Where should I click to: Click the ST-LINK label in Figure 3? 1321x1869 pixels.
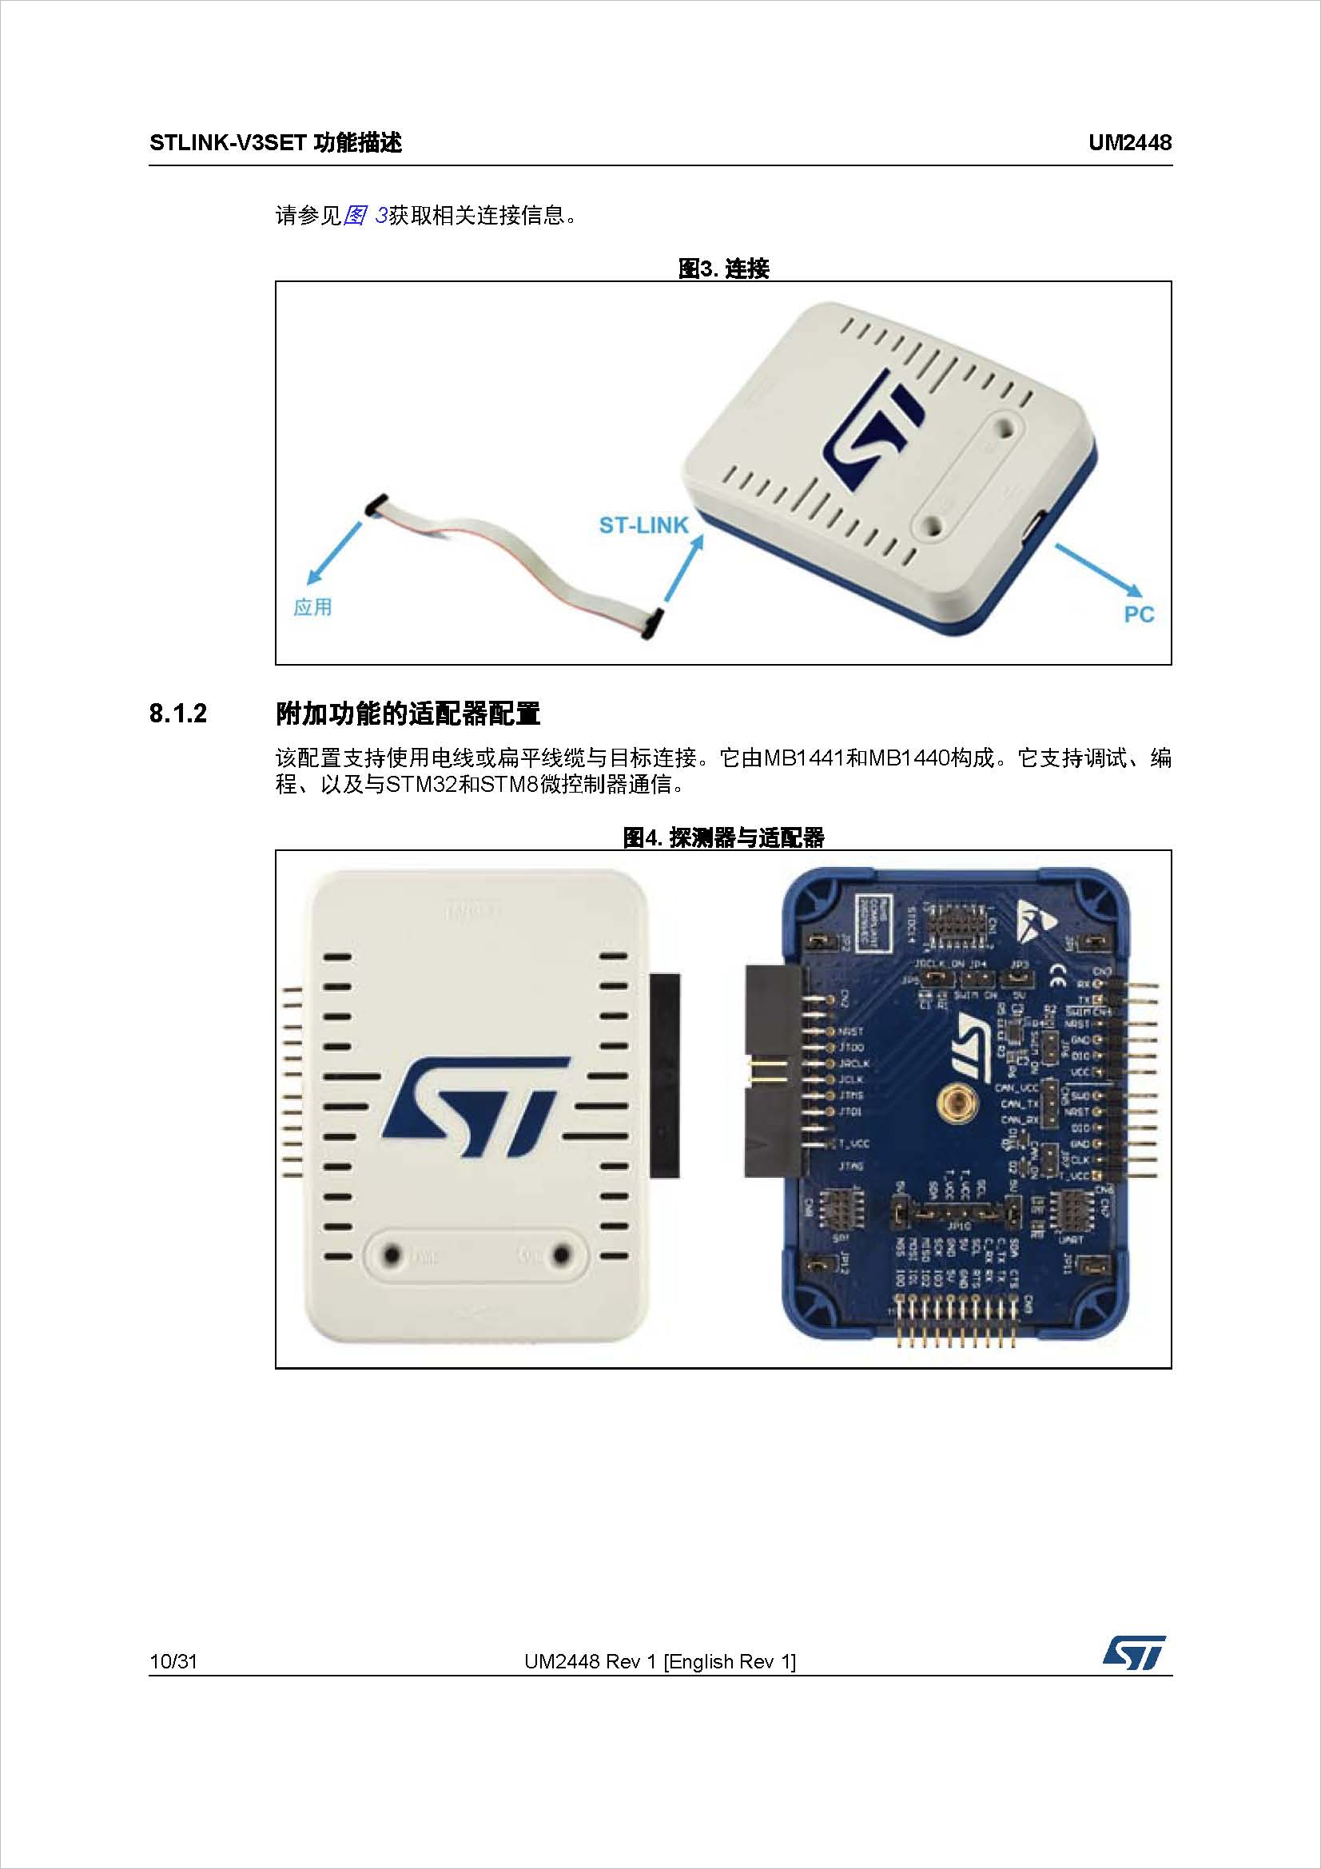click(x=643, y=526)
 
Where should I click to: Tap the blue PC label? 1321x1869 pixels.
click(x=1139, y=614)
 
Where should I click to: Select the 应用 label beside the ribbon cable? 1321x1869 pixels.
click(x=312, y=607)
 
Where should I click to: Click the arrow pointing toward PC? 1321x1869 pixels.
click(x=1098, y=570)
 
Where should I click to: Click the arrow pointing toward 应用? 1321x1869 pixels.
click(x=335, y=554)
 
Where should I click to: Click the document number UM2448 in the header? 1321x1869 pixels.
click(x=1130, y=143)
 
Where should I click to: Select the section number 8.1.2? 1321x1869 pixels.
click(x=178, y=714)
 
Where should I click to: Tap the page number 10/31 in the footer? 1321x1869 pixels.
click(x=173, y=1661)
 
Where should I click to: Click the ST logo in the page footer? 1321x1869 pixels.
click(x=1134, y=1653)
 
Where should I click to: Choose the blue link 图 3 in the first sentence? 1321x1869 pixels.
click(x=364, y=216)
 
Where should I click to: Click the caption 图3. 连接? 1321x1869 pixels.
click(x=723, y=268)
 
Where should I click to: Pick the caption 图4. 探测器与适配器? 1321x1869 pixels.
click(x=723, y=837)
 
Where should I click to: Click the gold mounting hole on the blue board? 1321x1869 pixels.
click(x=954, y=1104)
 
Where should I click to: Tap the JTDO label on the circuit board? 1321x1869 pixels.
click(x=851, y=1048)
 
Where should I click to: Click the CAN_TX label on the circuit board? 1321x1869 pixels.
click(x=1019, y=1104)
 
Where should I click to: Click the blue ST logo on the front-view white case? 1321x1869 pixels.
click(x=476, y=1105)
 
